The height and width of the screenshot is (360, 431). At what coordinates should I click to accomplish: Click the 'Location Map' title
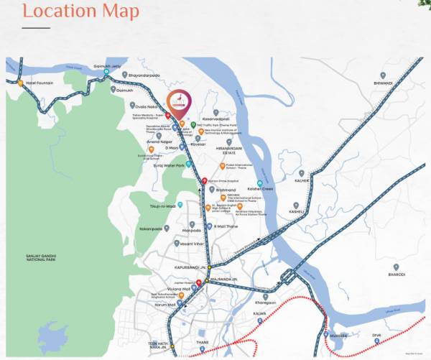pos(70,12)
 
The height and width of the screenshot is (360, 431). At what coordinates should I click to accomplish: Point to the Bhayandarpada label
pos(148,74)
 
